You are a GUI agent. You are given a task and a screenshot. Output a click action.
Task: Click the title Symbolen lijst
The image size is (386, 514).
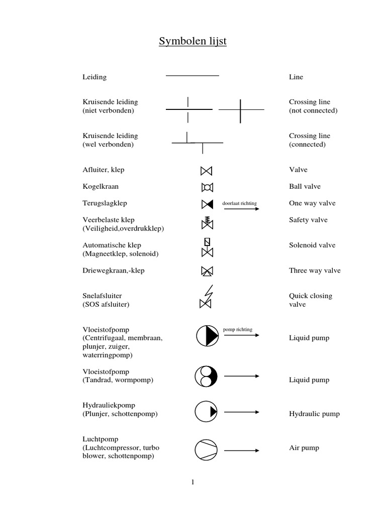coord(192,41)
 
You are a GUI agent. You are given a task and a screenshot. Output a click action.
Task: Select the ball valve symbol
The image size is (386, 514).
coord(206,187)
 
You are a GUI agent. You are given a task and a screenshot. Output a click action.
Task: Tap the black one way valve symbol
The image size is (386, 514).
coord(206,204)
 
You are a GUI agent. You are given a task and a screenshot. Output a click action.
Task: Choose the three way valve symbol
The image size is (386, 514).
coord(206,271)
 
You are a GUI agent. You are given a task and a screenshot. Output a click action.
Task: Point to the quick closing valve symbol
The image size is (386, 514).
coord(206,297)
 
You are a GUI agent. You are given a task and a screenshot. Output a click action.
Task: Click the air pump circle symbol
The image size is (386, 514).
coord(206,449)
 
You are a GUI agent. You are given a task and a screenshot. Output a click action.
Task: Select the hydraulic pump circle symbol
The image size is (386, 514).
coord(206,412)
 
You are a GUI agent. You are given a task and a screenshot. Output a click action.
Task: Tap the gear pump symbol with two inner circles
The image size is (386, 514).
coord(206,376)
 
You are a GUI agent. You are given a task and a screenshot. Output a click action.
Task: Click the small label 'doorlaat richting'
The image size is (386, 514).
coord(239,204)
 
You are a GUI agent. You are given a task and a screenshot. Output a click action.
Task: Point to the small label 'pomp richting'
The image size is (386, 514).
coord(238,330)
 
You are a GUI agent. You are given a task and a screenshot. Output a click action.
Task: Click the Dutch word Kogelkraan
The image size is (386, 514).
coord(101,187)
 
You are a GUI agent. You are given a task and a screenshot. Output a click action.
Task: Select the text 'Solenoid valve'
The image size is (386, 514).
coord(312,245)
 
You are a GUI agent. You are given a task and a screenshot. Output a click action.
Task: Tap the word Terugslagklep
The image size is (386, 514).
coord(105,203)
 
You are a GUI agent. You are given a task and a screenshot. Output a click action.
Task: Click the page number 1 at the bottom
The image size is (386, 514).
coord(192,483)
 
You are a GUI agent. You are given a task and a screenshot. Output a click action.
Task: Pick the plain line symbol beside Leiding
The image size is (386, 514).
coord(192,76)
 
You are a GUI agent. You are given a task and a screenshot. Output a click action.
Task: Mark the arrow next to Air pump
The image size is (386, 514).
coord(241,451)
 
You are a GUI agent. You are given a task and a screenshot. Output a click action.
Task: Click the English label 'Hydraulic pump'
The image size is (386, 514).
coord(314,414)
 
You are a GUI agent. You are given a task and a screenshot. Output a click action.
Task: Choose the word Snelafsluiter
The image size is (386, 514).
coord(102,296)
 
